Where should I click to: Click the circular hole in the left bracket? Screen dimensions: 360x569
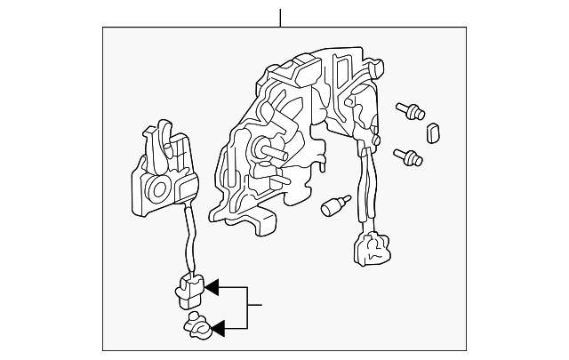click(158, 188)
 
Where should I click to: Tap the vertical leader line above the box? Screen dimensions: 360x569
click(280, 17)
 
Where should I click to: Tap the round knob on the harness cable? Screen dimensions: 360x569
click(377, 141)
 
